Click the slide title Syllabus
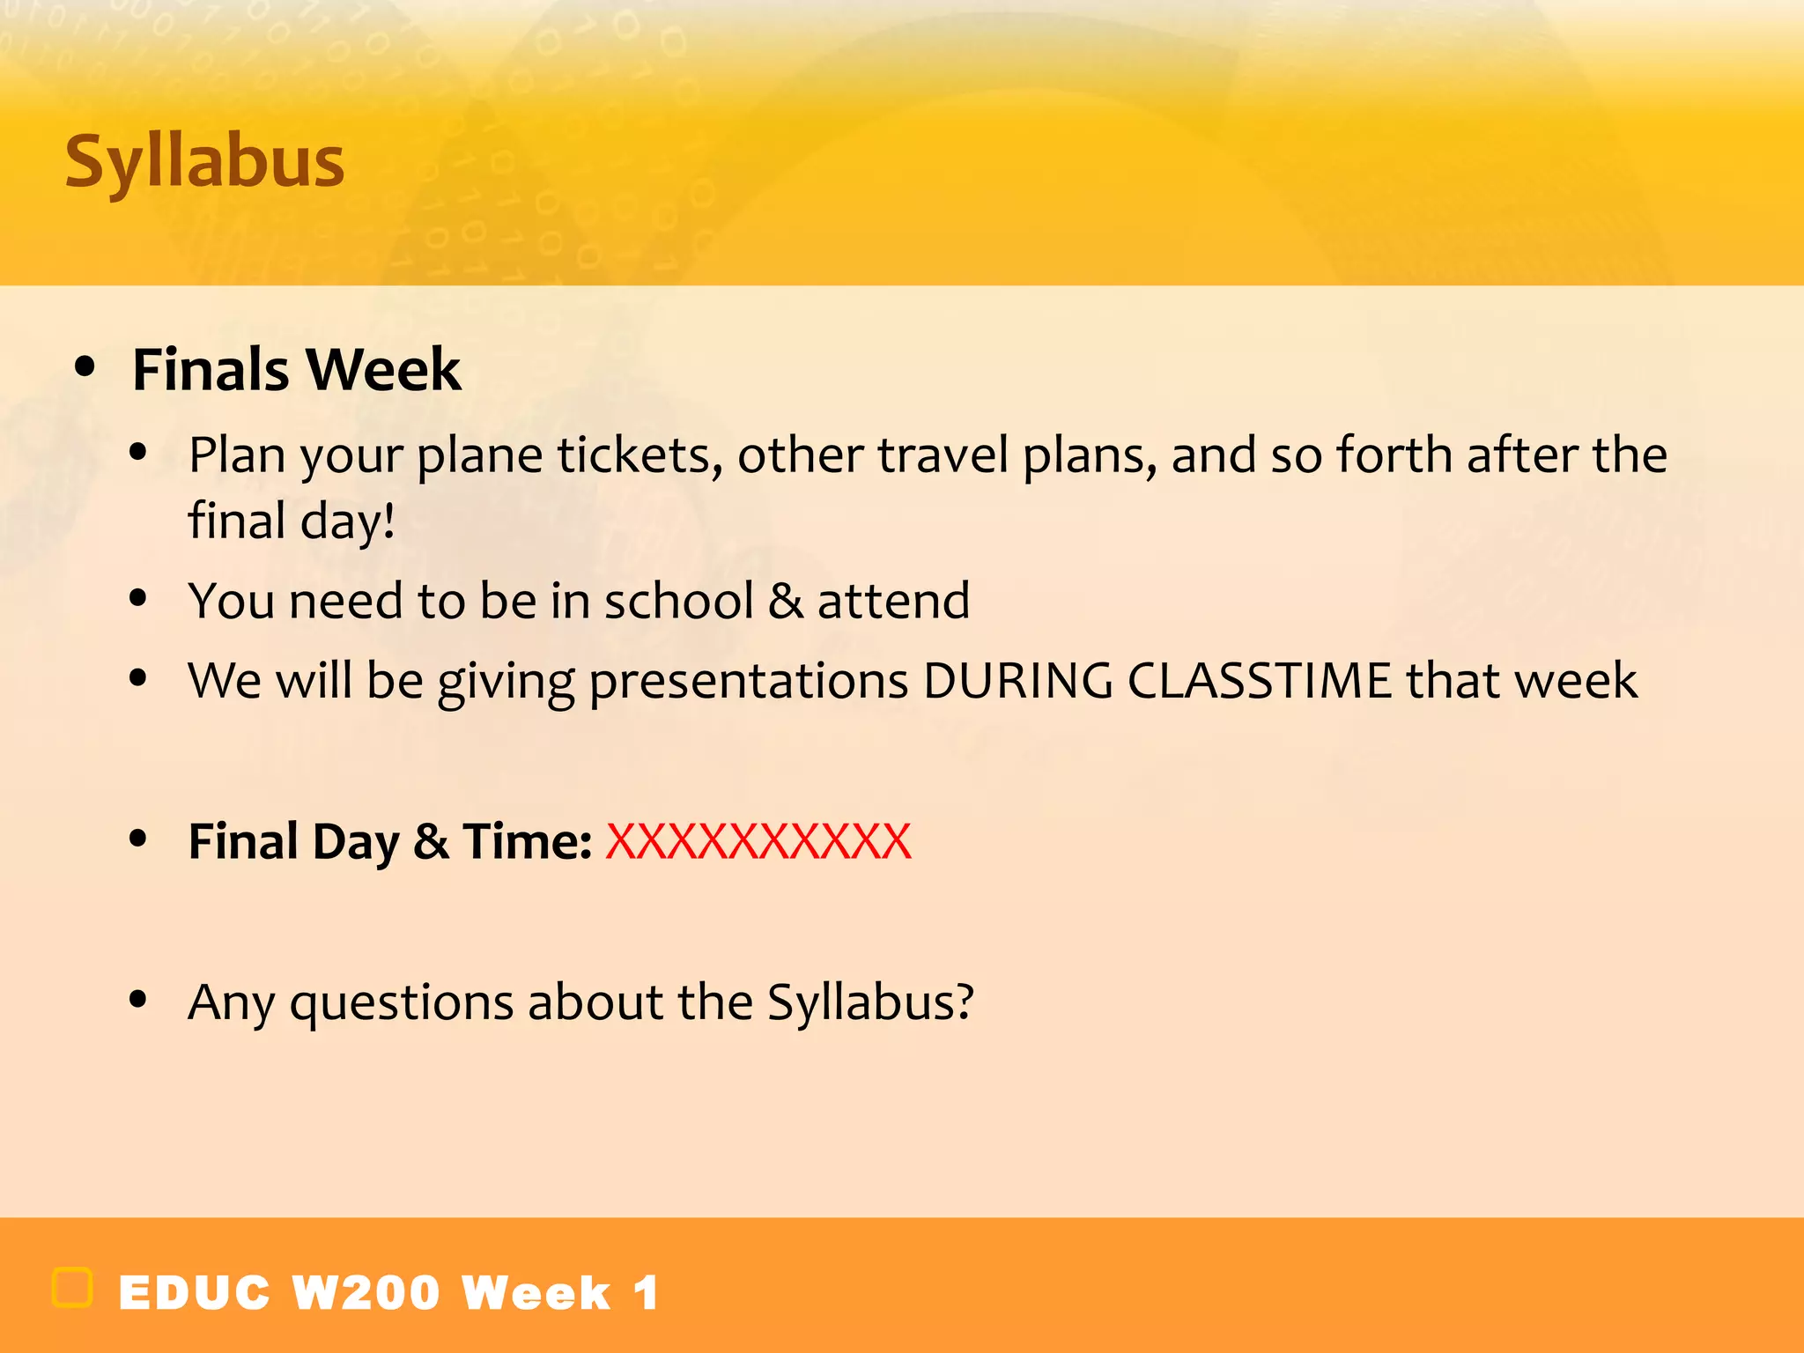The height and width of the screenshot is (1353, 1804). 204,162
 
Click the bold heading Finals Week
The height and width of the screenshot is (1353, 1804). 296,369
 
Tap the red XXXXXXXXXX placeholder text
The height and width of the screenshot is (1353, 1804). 758,841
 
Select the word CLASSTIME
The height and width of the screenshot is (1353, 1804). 1259,680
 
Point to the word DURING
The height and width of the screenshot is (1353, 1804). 1017,680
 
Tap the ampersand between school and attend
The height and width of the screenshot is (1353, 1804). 785,601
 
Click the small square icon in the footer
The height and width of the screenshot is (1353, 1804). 72,1288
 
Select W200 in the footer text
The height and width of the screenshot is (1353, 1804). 366,1293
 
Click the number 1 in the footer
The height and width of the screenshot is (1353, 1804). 646,1293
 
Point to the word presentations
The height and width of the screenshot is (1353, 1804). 748,682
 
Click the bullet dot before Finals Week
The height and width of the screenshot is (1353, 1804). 85,367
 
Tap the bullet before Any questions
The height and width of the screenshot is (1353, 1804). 137,1000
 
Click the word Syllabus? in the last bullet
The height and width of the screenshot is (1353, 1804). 870,1002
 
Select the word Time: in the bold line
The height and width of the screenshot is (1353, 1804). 527,841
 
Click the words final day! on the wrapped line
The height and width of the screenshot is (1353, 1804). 292,521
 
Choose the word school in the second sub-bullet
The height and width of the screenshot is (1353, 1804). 678,601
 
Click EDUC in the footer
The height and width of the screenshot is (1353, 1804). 195,1293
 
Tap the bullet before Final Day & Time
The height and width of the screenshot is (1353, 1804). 137,839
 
